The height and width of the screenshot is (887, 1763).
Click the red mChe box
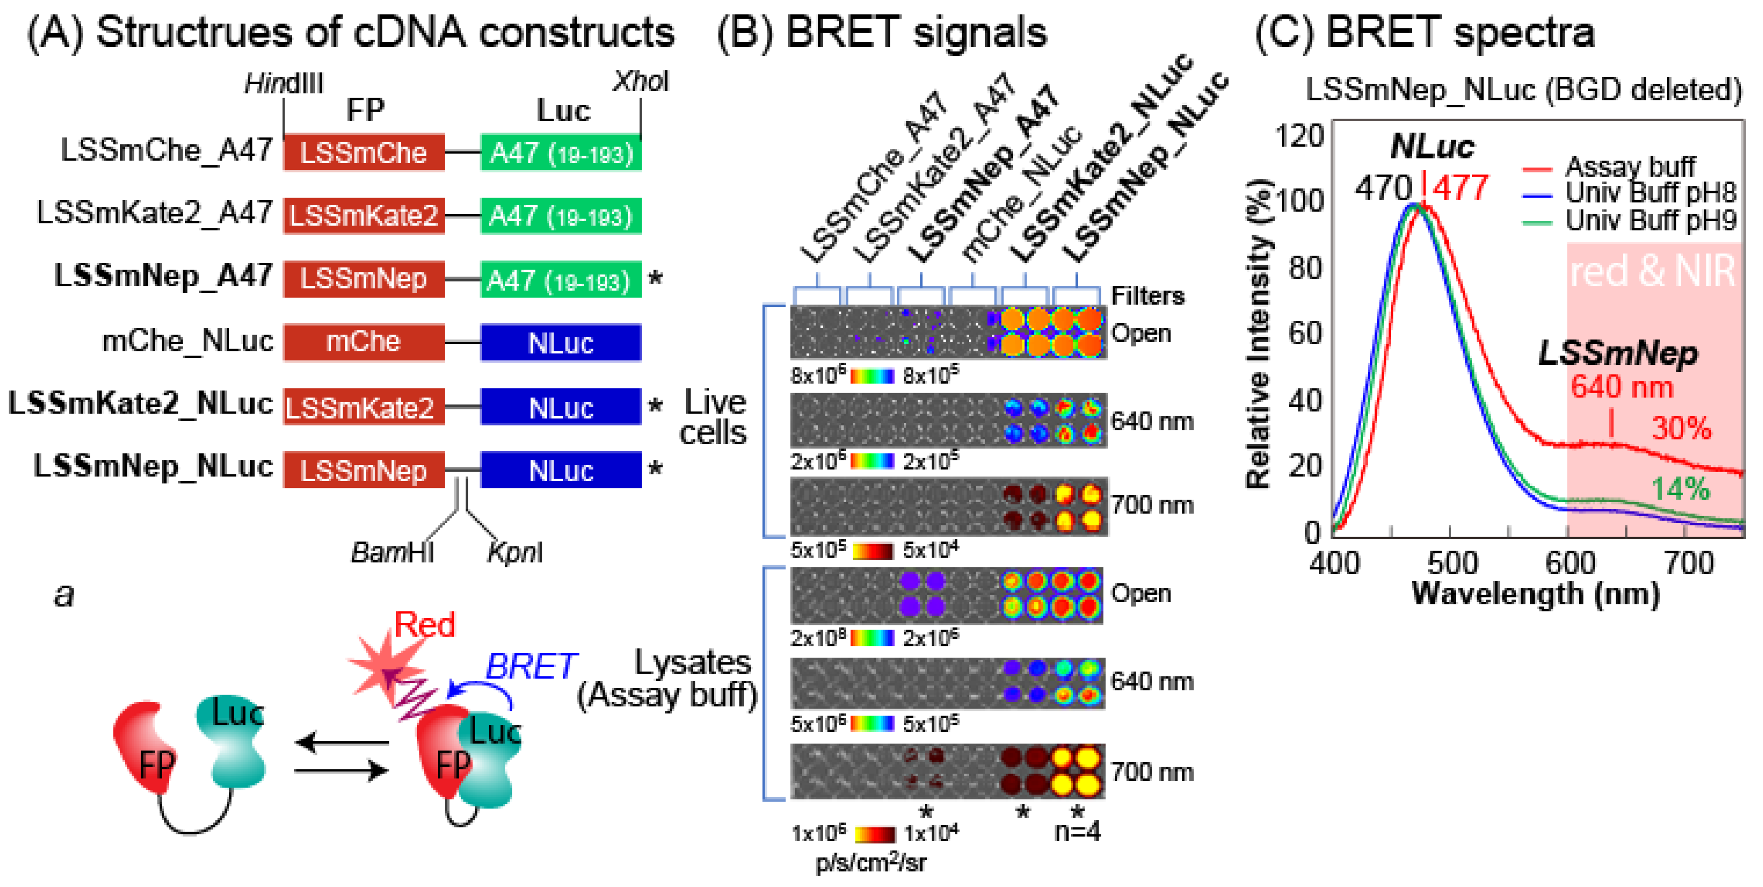(363, 341)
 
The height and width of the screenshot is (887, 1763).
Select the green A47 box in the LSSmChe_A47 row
(560, 153)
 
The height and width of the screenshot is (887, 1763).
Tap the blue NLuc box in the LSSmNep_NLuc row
(560, 470)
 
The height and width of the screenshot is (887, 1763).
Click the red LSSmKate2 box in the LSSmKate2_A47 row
(363, 216)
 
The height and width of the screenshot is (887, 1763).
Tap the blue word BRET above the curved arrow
(530, 666)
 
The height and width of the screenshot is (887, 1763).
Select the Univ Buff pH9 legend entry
(1650, 220)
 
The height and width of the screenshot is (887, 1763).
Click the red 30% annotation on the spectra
(1681, 429)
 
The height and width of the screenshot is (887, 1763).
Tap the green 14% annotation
(1681, 489)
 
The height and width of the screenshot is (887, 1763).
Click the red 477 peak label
(1460, 187)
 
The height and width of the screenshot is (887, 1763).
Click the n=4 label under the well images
(1077, 832)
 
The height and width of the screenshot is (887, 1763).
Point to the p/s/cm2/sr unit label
(870, 862)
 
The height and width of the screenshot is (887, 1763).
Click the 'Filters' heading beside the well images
(1147, 296)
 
